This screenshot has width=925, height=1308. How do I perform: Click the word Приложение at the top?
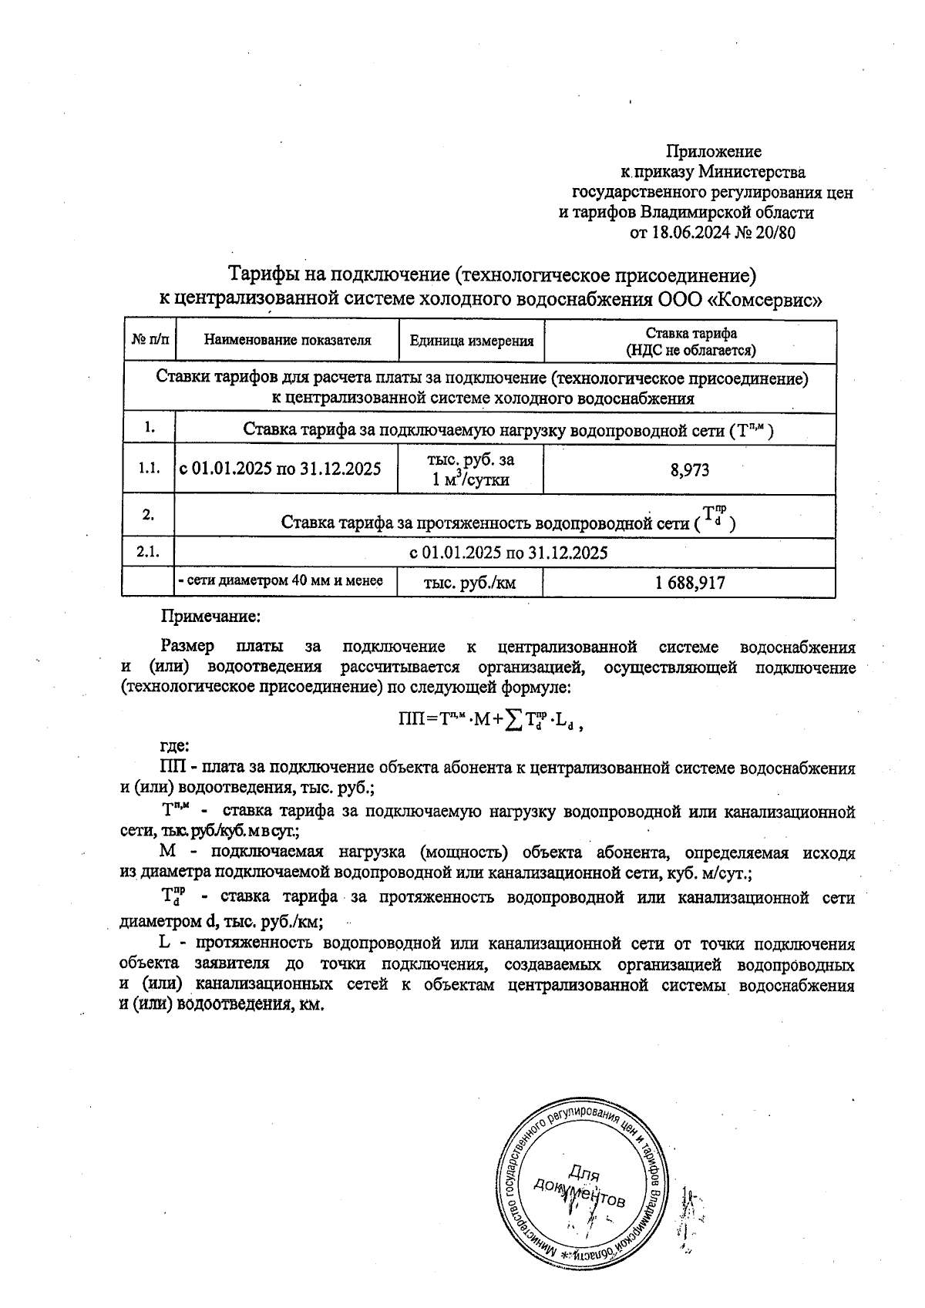713,151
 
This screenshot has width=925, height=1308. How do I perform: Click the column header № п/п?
149,340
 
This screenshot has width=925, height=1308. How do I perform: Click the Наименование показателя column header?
287,340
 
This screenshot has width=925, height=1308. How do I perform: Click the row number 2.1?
147,552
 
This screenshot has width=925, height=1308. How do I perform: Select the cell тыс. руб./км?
469,583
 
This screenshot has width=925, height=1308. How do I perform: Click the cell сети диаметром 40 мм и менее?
281,581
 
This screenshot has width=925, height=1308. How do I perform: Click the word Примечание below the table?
210,617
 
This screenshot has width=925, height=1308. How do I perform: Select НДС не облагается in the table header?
690,350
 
